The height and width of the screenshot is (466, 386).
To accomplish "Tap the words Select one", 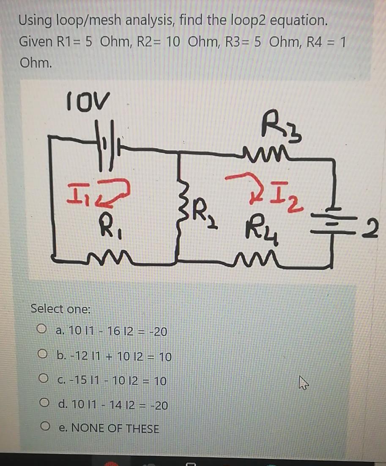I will click(60, 309).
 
